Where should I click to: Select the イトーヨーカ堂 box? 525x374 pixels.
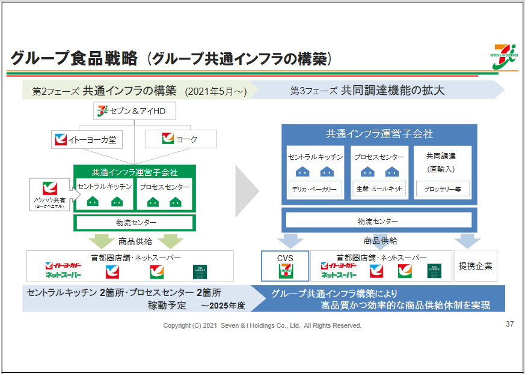point(87,140)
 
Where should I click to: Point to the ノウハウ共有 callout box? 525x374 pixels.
point(50,195)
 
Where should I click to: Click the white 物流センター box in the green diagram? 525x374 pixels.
point(134,223)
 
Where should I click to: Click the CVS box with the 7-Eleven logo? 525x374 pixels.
point(285,266)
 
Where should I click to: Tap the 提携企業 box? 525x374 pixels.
point(475,266)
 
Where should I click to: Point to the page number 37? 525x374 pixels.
point(509,324)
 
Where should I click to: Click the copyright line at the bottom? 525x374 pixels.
point(262,325)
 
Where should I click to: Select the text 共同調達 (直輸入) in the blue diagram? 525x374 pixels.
point(441,163)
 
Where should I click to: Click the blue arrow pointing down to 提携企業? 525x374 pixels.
point(466,241)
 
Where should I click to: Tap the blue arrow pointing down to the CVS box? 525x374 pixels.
point(291,241)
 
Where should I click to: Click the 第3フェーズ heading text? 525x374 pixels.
point(367,91)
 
